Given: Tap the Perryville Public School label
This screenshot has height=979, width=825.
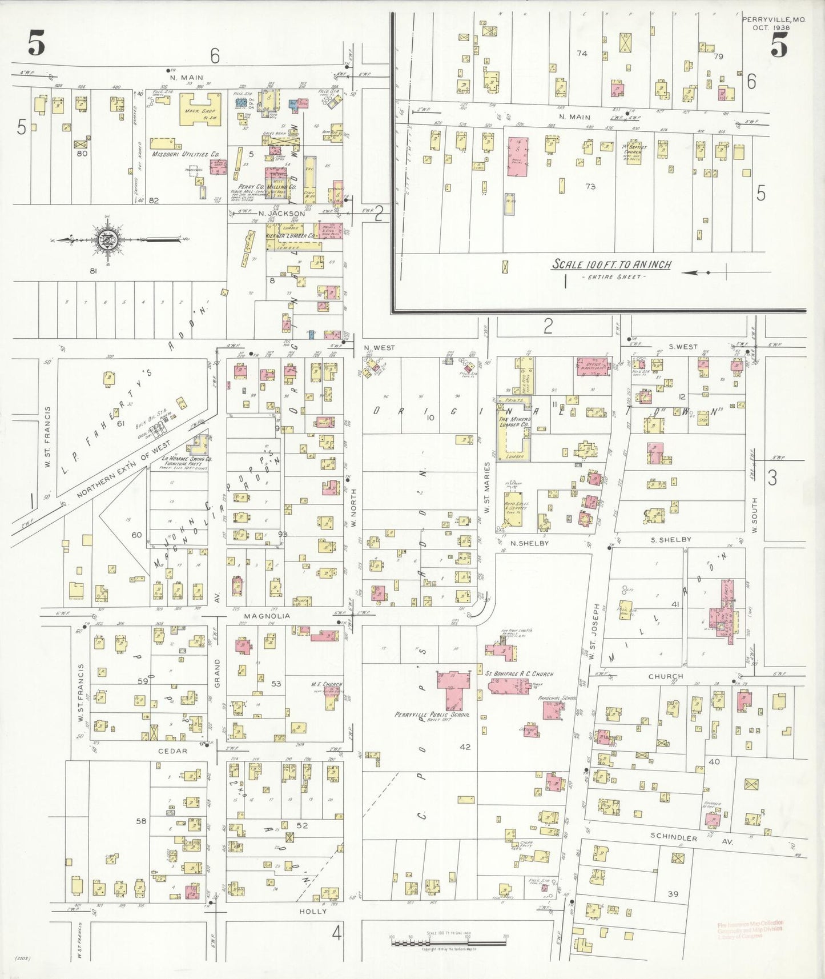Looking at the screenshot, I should point(432,715).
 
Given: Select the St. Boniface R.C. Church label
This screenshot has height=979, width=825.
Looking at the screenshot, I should point(519,674).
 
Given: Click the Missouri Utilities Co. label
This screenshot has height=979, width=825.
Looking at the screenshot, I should point(186,154).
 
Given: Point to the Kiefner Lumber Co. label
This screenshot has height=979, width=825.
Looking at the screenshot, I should point(291,235).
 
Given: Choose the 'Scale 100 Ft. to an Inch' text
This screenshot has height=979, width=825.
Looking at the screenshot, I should point(611,264).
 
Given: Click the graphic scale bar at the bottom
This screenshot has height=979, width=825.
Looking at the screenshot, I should point(448,942).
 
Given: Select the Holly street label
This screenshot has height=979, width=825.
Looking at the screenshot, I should point(313,912).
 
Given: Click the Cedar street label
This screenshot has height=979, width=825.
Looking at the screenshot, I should point(172,751).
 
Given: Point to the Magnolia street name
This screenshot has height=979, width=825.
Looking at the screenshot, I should point(267,616).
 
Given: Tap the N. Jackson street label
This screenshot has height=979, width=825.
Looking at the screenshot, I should point(281,214).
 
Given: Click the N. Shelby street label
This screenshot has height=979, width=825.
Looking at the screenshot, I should point(529,543).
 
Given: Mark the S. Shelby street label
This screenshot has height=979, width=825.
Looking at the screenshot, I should point(671,539).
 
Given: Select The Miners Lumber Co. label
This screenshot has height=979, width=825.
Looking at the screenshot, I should point(515,422).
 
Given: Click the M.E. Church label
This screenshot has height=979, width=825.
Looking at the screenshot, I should point(326,684).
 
